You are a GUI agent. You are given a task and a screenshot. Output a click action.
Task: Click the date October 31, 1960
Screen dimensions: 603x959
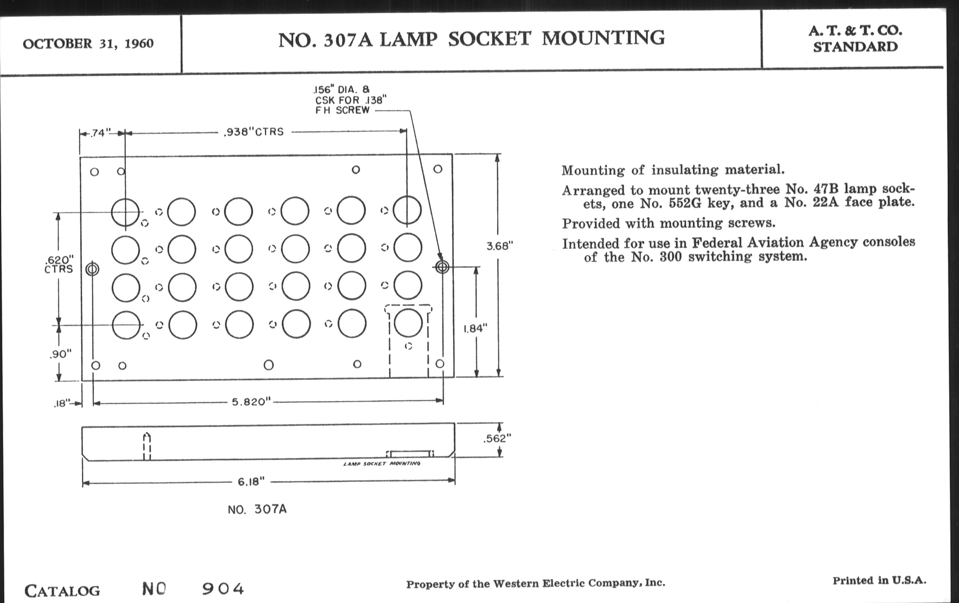[88, 43]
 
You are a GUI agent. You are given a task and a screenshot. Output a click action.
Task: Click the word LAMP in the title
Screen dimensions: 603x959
[409, 39]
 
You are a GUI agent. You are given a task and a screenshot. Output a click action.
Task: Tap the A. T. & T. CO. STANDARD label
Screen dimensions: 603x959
[855, 39]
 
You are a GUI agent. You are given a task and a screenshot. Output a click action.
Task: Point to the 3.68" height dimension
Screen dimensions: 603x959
[499, 246]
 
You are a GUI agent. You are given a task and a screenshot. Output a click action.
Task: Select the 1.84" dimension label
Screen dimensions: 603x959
[475, 328]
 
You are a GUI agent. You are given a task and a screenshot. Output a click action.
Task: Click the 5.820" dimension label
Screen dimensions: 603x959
[251, 402]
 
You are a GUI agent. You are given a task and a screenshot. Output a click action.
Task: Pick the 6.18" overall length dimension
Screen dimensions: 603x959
[251, 482]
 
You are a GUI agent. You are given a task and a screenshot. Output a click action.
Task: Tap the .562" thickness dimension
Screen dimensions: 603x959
[497, 439]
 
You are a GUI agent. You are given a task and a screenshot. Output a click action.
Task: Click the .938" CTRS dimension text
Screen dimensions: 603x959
[254, 132]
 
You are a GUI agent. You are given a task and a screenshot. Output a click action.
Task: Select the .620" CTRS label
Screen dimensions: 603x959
[58, 265]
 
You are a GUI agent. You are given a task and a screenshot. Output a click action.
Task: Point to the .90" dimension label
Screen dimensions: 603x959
[61, 354]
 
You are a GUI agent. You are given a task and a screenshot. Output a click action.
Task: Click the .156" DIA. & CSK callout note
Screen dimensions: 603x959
[350, 100]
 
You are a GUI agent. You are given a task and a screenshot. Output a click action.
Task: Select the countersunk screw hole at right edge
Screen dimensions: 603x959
[442, 267]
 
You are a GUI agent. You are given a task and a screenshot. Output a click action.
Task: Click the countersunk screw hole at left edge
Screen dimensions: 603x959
[92, 270]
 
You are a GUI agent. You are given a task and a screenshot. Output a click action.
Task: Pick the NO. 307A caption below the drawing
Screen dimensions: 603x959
[257, 510]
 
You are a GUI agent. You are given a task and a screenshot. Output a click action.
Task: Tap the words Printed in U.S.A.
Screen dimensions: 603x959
[879, 581]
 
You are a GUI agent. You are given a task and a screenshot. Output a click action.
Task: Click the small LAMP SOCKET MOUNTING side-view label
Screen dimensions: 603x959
[382, 464]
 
